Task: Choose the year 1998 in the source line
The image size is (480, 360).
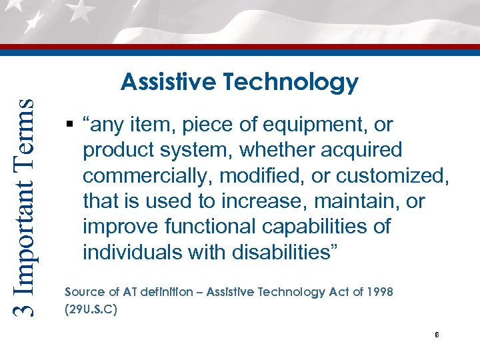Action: pyautogui.click(x=379, y=293)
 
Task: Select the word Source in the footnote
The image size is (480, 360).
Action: pyautogui.click(x=83, y=293)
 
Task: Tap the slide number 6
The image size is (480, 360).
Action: pyautogui.click(x=436, y=335)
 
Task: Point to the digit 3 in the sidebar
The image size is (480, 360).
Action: pyautogui.click(x=23, y=308)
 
